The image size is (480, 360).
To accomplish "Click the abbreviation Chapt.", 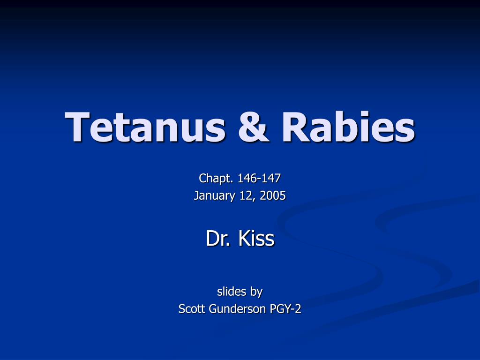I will click(217, 178).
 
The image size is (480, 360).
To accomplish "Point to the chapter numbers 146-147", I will click(259, 178).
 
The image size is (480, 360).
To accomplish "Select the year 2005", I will click(272, 195).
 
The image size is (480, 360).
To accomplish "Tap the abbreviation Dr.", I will click(219, 239).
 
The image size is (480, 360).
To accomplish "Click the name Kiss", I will click(256, 239).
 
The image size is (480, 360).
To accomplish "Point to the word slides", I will click(232, 292).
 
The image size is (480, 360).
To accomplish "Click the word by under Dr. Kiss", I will click(256, 292).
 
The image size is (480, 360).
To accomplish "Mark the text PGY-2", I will click(285, 309).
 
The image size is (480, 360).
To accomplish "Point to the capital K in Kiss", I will click(243, 239).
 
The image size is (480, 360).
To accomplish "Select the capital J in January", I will click(196, 195).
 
